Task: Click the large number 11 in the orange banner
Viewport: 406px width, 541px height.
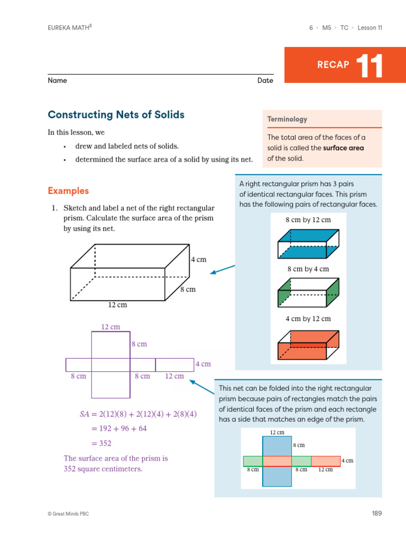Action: [x=369, y=66]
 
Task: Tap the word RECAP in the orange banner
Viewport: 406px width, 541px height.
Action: [x=333, y=65]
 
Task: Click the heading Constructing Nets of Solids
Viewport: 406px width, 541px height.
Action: [x=116, y=115]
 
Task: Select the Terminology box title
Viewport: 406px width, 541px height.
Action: [x=287, y=119]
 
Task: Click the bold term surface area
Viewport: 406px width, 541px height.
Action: [x=344, y=148]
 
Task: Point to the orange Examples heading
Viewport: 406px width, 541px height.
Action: [x=68, y=191]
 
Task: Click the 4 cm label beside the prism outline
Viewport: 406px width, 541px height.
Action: [x=198, y=259]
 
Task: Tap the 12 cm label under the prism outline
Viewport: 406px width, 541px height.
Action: [x=117, y=305]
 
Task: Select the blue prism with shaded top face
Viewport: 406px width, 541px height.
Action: [x=308, y=244]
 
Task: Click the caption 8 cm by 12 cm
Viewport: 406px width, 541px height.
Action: [x=308, y=220]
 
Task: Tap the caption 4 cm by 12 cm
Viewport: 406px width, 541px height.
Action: [x=308, y=319]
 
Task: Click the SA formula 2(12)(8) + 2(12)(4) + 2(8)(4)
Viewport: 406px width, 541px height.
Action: [x=138, y=414]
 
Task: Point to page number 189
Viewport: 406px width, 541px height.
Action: [x=376, y=513]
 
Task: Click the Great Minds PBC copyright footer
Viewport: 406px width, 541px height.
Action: [x=72, y=514]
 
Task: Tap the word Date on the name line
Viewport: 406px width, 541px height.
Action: [x=265, y=81]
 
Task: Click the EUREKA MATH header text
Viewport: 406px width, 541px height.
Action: [x=70, y=27]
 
